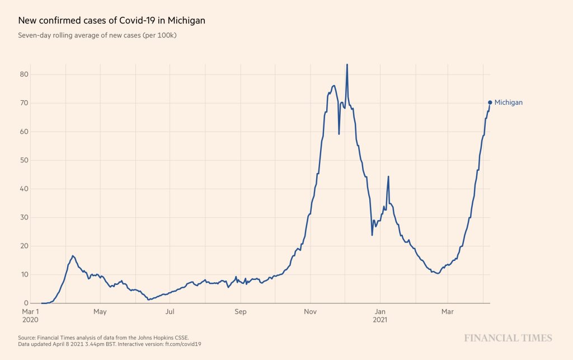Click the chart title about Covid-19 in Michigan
tap(111, 20)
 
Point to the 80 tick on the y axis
tap(25, 74)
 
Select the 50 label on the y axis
tap(25, 160)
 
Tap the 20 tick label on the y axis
tap(25, 246)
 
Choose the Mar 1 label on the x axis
tap(30, 311)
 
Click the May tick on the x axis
tap(100, 311)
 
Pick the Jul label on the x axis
tap(170, 311)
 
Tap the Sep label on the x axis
tap(241, 311)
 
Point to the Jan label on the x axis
tap(381, 311)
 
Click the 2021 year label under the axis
tap(381, 320)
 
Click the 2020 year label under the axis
tap(30, 320)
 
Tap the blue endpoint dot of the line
tap(490, 102)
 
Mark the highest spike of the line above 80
tap(347, 65)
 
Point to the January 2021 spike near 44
tap(388, 177)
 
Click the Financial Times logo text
tap(508, 338)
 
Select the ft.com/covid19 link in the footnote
tap(184, 344)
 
